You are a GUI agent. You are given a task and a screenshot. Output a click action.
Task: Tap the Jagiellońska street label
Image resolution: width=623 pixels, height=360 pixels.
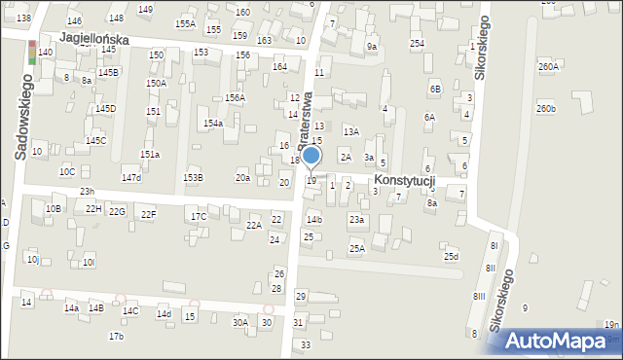(93, 39)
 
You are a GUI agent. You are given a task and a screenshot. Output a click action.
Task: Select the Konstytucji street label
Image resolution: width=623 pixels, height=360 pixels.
(402, 181)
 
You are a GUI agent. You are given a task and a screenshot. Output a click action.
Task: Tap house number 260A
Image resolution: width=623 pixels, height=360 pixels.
(549, 67)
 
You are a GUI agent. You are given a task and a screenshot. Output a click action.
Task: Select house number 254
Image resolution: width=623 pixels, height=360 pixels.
(417, 44)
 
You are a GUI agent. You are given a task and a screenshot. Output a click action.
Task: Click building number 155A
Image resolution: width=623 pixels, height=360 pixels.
(185, 23)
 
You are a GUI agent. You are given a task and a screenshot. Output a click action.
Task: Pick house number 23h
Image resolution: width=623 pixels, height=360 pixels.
(87, 192)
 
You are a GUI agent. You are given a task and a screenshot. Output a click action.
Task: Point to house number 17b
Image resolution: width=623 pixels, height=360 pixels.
(116, 336)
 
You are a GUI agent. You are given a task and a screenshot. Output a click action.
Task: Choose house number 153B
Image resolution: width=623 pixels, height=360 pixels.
(193, 177)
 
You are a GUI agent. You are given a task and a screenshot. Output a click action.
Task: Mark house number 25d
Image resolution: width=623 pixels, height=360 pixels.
(451, 257)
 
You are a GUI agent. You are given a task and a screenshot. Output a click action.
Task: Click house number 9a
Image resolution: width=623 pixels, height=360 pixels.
(371, 46)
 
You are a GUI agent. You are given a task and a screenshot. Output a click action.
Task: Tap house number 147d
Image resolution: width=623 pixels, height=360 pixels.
(130, 178)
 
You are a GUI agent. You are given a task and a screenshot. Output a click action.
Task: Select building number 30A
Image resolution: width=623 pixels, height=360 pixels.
(239, 322)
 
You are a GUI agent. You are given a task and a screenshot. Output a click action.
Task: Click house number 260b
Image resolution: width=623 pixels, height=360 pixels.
(545, 109)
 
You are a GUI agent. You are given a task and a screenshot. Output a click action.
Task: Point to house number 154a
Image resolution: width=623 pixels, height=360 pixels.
(213, 124)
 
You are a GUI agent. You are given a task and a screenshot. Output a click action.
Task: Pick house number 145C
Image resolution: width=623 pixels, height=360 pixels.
(95, 141)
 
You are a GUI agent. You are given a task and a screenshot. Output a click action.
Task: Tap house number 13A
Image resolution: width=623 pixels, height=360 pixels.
(350, 131)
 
